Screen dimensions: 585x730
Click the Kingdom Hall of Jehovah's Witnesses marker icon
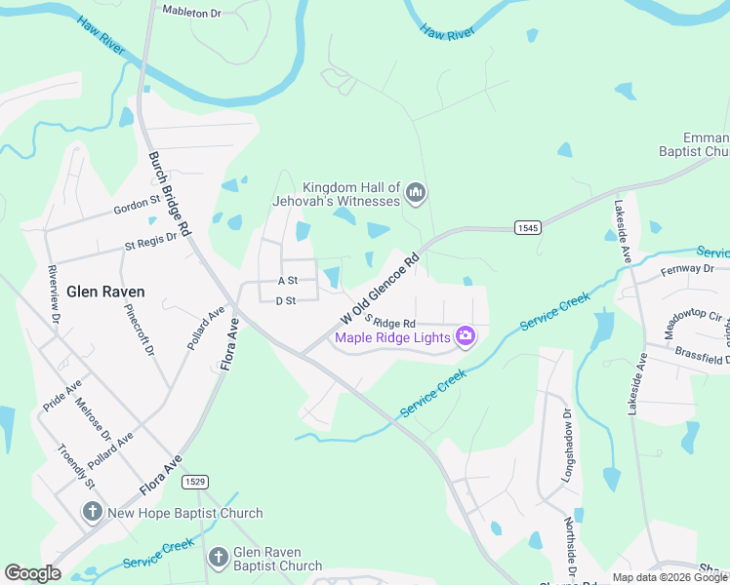coord(417,193)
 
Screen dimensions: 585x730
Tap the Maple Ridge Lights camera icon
coord(466,337)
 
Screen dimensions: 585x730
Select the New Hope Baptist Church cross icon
coord(93,512)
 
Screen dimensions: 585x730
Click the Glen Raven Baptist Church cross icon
coord(218,558)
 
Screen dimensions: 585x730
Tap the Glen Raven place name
coord(105,292)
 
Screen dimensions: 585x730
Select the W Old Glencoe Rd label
coord(380,290)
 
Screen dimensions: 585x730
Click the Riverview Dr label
coord(55,292)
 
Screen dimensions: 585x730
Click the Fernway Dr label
coord(687,268)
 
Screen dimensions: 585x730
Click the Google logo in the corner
coord(32,573)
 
